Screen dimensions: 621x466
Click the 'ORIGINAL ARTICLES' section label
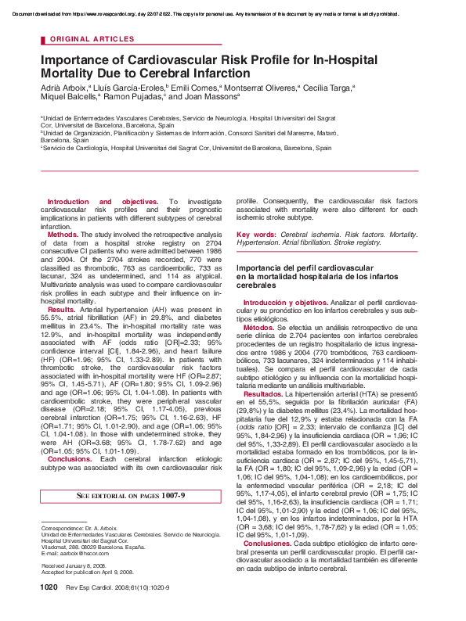[x=92, y=38]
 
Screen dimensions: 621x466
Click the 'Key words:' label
[x=255, y=234]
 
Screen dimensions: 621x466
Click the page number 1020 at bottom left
[x=49, y=608]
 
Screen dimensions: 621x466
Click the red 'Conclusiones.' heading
[x=268, y=564]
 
